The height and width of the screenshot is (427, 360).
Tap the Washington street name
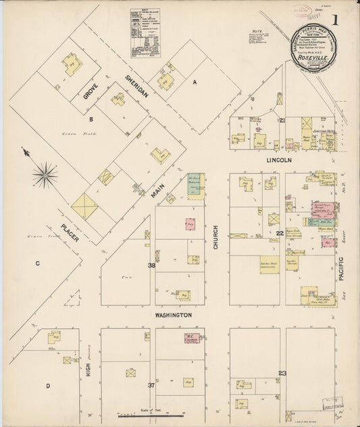(x=173, y=315)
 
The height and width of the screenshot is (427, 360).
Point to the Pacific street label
(x=341, y=268)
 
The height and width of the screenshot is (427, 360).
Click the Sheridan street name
(x=136, y=86)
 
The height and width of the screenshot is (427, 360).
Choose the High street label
(x=88, y=369)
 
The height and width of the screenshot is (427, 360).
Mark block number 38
(x=151, y=266)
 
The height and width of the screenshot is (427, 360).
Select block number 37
(x=151, y=384)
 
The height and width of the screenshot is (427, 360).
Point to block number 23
(x=282, y=373)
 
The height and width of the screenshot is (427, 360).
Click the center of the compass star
(x=45, y=175)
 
